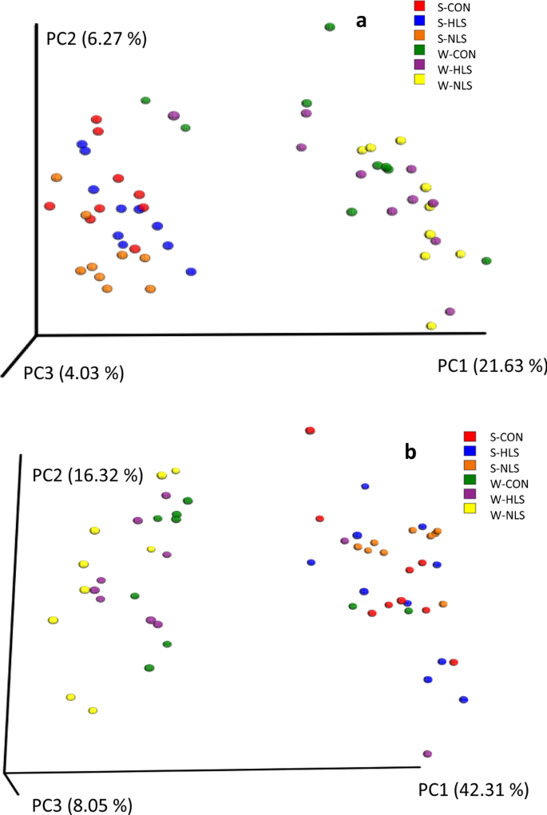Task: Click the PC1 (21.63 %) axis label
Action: point(491,366)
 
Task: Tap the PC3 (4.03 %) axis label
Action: point(73,372)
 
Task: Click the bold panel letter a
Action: point(361,21)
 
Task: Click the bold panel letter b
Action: point(410,453)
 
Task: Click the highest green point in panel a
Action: point(330,27)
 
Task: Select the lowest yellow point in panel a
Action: point(431,326)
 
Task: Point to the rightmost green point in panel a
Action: point(486,261)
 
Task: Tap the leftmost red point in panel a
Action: point(50,206)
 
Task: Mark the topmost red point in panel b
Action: point(311,431)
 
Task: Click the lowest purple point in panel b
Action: point(427,754)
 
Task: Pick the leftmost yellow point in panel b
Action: point(53,619)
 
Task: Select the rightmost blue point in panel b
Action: point(463,699)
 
